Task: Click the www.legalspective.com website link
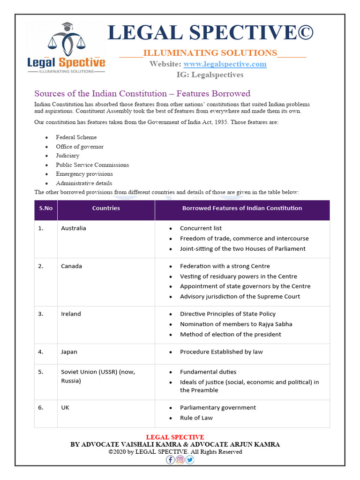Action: (x=225, y=64)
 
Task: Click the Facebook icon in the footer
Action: (x=171, y=460)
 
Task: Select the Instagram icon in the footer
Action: (x=180, y=460)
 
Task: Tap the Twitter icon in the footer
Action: (x=189, y=460)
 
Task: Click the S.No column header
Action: (x=45, y=208)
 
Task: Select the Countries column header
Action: (x=106, y=208)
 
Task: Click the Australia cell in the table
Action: (x=74, y=228)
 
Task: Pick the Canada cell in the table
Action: (x=71, y=266)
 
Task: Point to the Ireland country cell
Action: (x=71, y=314)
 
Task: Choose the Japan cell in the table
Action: (x=69, y=352)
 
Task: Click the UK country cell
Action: (x=65, y=408)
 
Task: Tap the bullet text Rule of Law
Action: (x=196, y=418)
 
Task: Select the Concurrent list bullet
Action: (x=201, y=228)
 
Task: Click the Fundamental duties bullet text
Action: (x=208, y=372)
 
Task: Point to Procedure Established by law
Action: (x=221, y=352)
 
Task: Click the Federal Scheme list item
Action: (x=76, y=137)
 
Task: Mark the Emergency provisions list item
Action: (x=84, y=174)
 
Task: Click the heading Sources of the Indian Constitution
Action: (x=142, y=93)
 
